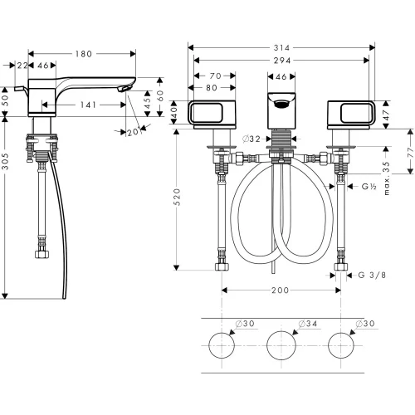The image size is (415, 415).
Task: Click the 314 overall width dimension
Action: coord(281,48)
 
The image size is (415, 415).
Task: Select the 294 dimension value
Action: coord(282,61)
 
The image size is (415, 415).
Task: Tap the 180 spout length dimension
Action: coord(84,54)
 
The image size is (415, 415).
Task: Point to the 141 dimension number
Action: coord(88,105)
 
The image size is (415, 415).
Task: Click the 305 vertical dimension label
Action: coord(6,161)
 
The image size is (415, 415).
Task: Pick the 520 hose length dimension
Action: coord(178,197)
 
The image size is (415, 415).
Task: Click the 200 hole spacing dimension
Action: coord(280,290)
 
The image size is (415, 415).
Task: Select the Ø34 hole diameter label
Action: coord(308,324)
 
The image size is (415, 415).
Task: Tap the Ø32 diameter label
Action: coord(251,139)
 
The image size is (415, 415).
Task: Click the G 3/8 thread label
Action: coord(372,275)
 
